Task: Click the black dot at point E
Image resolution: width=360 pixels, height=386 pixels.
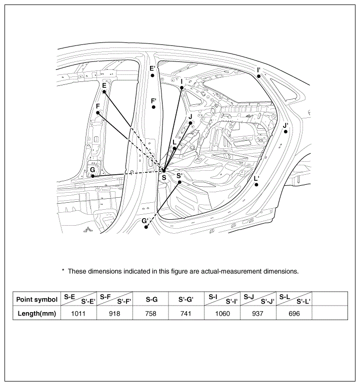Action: (x=104, y=92)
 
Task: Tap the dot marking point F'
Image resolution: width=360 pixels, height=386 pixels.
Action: (x=153, y=107)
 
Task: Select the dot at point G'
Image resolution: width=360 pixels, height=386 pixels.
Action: (x=146, y=227)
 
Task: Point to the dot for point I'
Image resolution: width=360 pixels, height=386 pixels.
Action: (x=258, y=76)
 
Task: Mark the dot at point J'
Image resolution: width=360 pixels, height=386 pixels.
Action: (x=285, y=132)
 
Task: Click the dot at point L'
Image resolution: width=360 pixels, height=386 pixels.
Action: (x=256, y=185)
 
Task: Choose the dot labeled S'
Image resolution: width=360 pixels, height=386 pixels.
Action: (x=179, y=182)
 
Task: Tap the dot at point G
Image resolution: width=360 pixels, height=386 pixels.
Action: (x=92, y=176)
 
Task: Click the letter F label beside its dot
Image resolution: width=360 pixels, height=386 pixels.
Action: (x=98, y=106)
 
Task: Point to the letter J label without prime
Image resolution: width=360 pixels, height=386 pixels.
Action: (x=190, y=117)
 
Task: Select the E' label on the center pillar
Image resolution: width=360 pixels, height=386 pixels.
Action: (x=152, y=68)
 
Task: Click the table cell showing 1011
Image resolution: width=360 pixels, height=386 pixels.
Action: (x=78, y=314)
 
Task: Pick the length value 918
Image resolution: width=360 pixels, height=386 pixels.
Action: (x=114, y=314)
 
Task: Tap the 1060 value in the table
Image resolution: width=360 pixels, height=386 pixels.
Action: (x=222, y=314)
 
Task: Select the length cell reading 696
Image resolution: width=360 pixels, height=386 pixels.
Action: (x=294, y=314)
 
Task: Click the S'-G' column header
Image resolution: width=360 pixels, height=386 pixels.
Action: (x=186, y=299)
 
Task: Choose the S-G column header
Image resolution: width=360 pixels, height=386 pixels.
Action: (x=151, y=299)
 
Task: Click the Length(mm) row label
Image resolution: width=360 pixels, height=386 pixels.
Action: (x=36, y=314)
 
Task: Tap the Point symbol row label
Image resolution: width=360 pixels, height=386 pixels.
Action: (x=36, y=300)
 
